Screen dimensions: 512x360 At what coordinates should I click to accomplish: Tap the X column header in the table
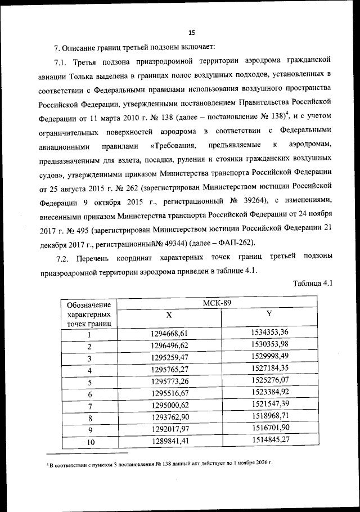(169, 315)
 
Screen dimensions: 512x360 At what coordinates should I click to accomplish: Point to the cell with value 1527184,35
(271, 368)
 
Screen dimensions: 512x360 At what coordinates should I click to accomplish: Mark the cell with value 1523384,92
(271, 393)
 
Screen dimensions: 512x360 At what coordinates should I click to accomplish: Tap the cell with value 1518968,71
(271, 417)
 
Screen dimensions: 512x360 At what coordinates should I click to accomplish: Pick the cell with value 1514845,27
(271, 441)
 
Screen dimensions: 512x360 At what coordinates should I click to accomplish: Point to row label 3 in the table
(89, 358)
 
